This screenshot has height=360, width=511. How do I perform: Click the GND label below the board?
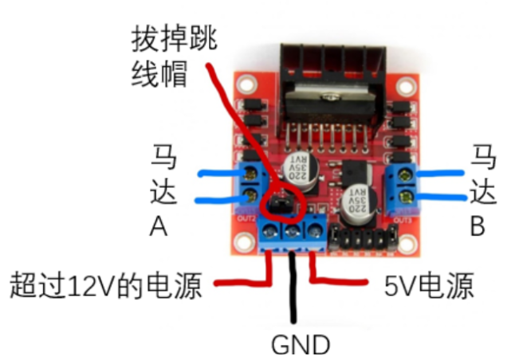[x=301, y=345]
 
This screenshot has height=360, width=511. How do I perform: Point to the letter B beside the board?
[x=478, y=228]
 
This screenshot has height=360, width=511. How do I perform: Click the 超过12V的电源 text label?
[x=109, y=284]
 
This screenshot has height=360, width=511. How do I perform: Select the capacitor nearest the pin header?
[x=356, y=205]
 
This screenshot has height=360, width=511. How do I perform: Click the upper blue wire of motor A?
[x=223, y=172]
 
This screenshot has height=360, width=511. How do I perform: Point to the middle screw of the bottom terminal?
[x=294, y=232]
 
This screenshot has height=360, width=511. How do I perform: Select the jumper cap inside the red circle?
[x=278, y=206]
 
